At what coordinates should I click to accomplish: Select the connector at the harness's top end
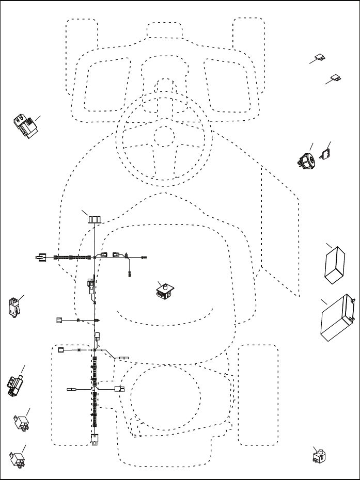pyautogui.click(x=93, y=219)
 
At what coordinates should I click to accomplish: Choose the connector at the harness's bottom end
pyautogui.click(x=94, y=440)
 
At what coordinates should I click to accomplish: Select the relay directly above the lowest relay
pyautogui.click(x=22, y=422)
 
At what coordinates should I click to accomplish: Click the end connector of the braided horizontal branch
pyautogui.click(x=39, y=256)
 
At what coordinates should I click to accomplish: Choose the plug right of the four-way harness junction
pyautogui.click(x=119, y=389)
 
